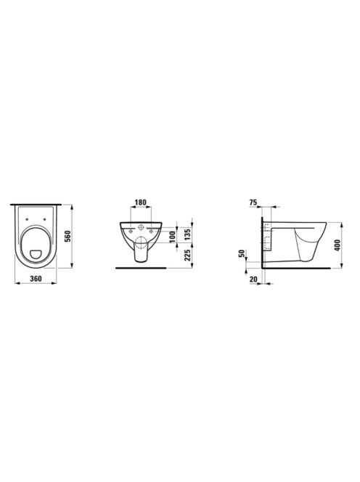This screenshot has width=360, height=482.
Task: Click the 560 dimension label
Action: pyautogui.click(x=68, y=236)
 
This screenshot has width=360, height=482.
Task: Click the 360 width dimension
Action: pyautogui.click(x=36, y=279)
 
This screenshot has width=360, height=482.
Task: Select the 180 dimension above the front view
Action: pyautogui.click(x=141, y=203)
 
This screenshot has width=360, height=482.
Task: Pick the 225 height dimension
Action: pyautogui.click(x=188, y=255)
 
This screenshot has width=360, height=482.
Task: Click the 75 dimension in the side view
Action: pyautogui.click(x=253, y=203)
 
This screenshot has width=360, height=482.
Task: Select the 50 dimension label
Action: pyautogui.click(x=242, y=253)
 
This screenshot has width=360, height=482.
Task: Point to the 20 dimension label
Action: pyautogui.click(x=253, y=279)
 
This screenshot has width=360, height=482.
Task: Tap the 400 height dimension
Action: pyautogui.click(x=338, y=245)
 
